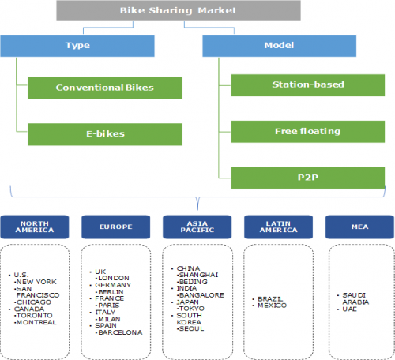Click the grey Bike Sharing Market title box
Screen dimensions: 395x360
pyautogui.click(x=179, y=10)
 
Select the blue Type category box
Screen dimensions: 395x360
pyautogui.click(x=77, y=46)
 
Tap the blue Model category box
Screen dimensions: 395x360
pyautogui.click(x=279, y=46)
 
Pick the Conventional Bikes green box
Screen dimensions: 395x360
pyautogui.click(x=105, y=88)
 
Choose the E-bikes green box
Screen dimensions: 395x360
pyautogui.click(x=105, y=134)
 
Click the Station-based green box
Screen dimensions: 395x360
pyautogui.click(x=308, y=85)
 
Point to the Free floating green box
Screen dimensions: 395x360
pyautogui.click(x=308, y=132)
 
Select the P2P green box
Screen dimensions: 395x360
pyautogui.click(x=308, y=178)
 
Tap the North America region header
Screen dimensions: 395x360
pyautogui.click(x=35, y=227)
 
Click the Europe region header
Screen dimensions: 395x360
pyautogui.click(x=116, y=227)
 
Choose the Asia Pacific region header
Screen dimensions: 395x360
pyautogui.click(x=197, y=227)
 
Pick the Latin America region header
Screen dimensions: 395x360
pyautogui.click(x=279, y=227)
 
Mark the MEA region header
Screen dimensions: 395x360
pyautogui.click(x=359, y=227)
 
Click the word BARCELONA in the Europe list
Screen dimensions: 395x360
pyautogui.click(x=120, y=332)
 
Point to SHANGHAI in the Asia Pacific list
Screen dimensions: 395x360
pyautogui.click(x=198, y=275)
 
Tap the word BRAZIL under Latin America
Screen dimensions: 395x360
pyautogui.click(x=270, y=299)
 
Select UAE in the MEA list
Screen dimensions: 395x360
pyautogui.click(x=350, y=309)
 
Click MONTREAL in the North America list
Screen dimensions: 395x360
pyautogui.click(x=36, y=322)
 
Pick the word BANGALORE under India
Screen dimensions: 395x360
pyautogui.click(x=201, y=295)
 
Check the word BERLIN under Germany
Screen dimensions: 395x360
pyautogui.click(x=111, y=292)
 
